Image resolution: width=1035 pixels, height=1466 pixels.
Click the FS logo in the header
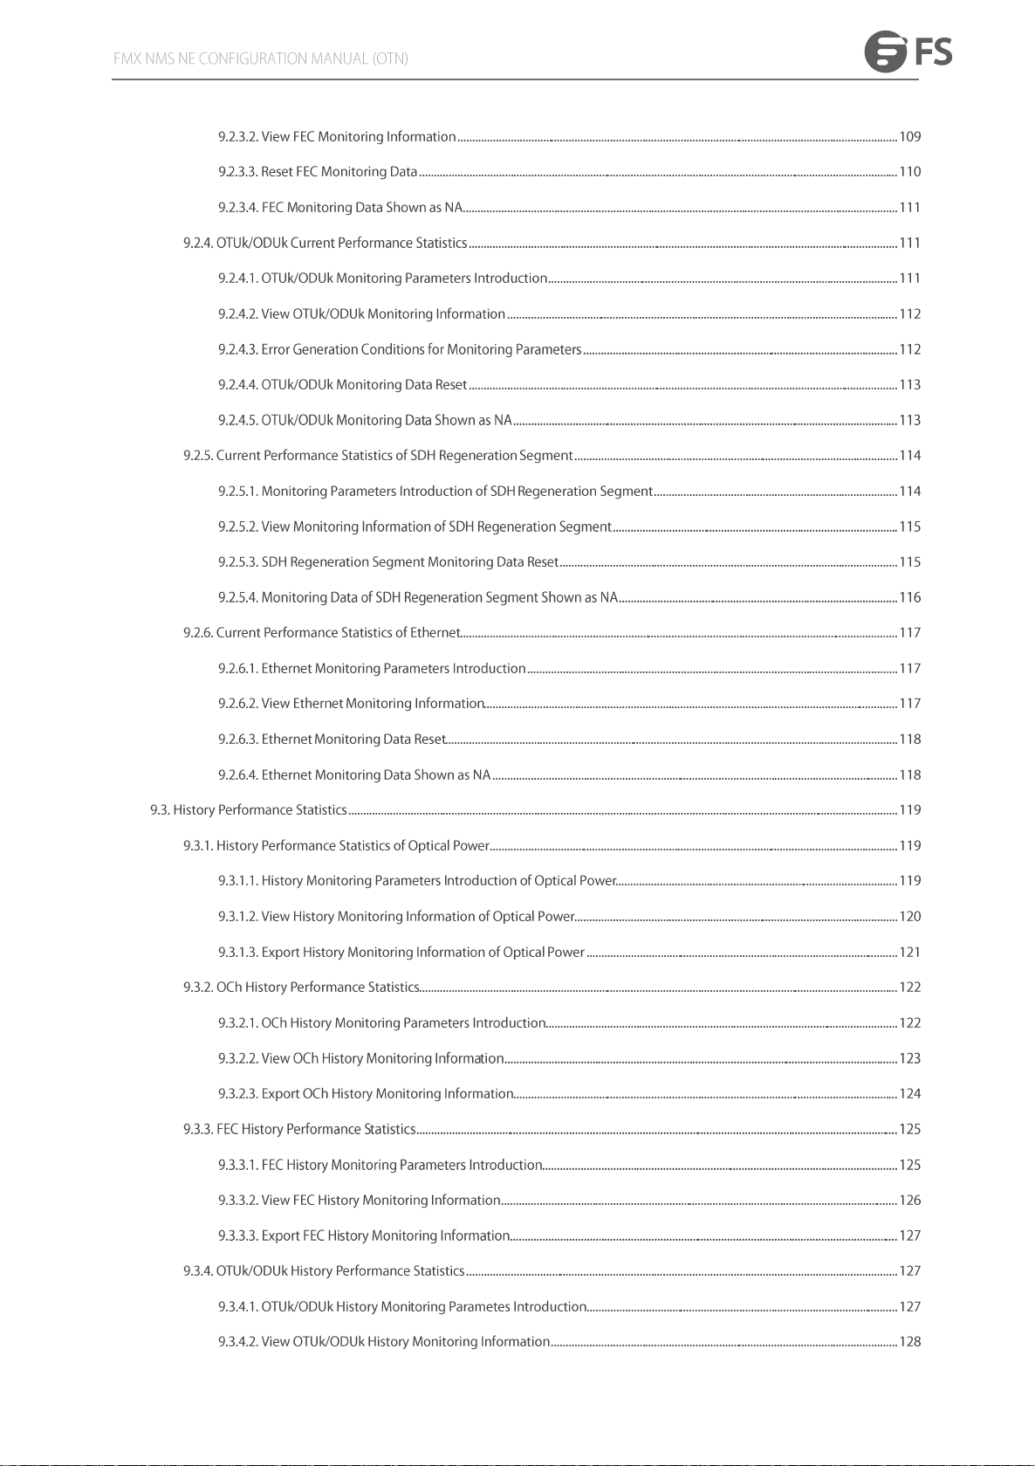[x=908, y=52]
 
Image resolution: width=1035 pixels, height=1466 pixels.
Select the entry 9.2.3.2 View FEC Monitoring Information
[x=337, y=137]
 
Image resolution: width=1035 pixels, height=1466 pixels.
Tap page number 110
[x=910, y=172]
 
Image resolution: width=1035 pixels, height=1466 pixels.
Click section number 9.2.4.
[x=198, y=243]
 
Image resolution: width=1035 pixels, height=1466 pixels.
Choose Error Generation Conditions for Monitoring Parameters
[x=421, y=349]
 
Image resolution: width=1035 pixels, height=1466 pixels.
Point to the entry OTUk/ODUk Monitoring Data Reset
[x=364, y=385]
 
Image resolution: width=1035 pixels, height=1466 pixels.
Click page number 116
[x=910, y=598]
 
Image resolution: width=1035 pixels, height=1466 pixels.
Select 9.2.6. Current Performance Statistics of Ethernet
[x=321, y=633]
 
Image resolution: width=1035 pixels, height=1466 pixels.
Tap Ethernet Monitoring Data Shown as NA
[x=375, y=775]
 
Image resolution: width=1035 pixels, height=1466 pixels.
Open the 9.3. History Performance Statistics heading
[x=249, y=810]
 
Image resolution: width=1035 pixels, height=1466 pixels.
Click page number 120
[x=910, y=917]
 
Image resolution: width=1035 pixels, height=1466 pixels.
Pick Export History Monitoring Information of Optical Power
[x=422, y=953]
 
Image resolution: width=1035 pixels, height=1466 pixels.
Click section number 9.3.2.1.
[x=238, y=1023]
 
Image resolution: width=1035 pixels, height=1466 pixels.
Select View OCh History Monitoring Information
[x=382, y=1059]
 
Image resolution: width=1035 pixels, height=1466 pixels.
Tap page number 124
[x=910, y=1094]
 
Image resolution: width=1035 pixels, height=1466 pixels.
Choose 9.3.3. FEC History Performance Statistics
[x=299, y=1130]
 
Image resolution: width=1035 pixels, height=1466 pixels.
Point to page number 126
[x=910, y=1201]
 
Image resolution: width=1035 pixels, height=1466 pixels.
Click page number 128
[x=910, y=1342]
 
